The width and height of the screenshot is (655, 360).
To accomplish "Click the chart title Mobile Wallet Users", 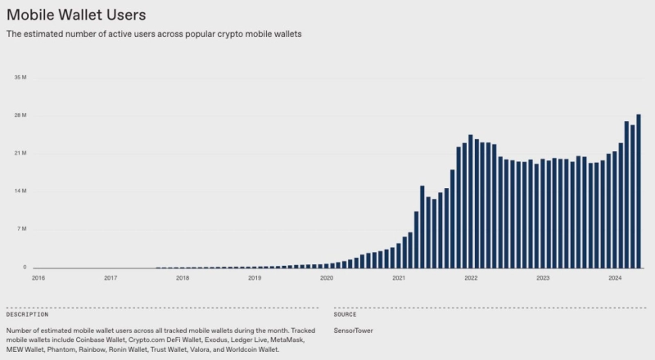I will click(76, 14).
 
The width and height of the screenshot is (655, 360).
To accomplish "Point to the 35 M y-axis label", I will click(21, 78).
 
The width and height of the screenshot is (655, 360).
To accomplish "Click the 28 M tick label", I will click(21, 115).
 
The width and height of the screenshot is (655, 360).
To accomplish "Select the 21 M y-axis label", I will click(21, 153).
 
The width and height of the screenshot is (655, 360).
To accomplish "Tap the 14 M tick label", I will click(21, 191).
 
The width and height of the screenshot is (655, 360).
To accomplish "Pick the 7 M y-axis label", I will click(23, 229).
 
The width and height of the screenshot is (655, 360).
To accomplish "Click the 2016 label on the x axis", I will click(38, 278).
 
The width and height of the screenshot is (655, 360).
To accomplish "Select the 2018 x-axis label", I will click(183, 278).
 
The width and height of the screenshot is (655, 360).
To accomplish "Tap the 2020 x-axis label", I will click(327, 278).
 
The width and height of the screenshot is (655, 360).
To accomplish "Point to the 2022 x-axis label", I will click(471, 278).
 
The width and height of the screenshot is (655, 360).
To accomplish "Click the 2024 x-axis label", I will click(615, 278).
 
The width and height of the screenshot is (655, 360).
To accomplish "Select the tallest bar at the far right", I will click(639, 191).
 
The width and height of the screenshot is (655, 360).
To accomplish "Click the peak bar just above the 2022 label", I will click(471, 201).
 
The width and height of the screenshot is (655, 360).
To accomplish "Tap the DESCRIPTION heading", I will click(27, 314).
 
